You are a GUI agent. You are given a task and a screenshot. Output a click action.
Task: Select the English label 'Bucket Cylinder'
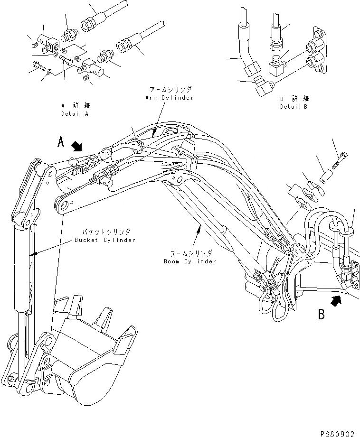click(104, 240)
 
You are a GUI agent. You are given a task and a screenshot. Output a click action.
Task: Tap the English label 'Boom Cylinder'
click(190, 261)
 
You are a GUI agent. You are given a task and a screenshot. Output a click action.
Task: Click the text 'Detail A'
click(75, 114)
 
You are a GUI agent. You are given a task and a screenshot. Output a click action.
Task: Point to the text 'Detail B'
click(294, 107)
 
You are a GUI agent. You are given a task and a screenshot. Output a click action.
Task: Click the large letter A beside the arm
click(60, 141)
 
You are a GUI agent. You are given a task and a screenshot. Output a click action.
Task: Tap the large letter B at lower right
click(322, 315)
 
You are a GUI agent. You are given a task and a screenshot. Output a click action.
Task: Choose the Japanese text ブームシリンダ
click(193, 253)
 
